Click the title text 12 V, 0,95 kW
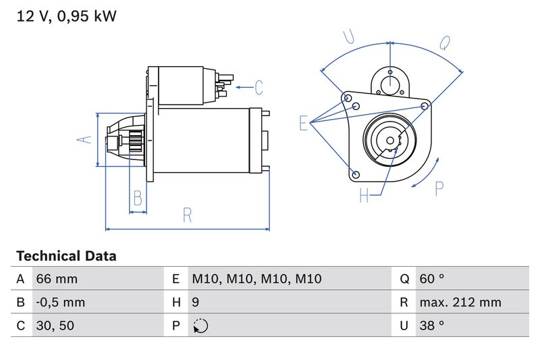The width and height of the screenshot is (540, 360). click(66, 16)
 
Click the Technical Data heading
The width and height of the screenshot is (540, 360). click(66, 256)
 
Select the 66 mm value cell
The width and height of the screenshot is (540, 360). click(57, 279)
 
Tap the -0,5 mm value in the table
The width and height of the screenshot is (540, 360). click(61, 302)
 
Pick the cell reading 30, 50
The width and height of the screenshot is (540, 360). click(55, 326)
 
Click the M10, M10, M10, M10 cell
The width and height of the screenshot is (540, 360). click(256, 279)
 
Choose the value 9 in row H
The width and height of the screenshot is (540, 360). click(196, 302)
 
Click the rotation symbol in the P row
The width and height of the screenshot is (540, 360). click(200, 326)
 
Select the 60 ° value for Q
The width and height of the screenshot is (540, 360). click(432, 279)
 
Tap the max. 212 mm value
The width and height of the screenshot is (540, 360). click(460, 302)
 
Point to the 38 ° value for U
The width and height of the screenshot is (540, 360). click(432, 326)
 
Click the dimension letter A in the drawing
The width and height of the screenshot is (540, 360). click(83, 139)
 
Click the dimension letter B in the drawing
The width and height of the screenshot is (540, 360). click(138, 199)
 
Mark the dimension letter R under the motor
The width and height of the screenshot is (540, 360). click(188, 215)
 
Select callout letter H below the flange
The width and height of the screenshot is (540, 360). click(364, 196)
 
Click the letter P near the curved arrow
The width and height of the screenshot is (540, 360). click(439, 189)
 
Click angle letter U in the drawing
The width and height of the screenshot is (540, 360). click(349, 37)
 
